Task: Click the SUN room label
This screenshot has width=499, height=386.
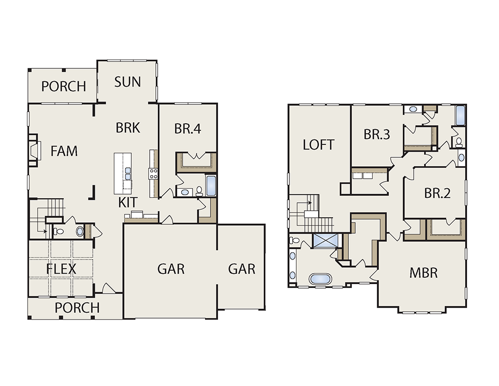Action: tap(127, 82)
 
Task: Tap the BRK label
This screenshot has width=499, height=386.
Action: tap(128, 128)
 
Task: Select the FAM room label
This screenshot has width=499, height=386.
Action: tap(64, 151)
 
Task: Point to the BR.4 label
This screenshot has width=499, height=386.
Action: tap(188, 129)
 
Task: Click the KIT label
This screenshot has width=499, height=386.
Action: tap(128, 203)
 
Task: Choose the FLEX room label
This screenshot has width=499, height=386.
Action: tap(61, 269)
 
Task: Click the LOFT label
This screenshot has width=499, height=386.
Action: tap(318, 145)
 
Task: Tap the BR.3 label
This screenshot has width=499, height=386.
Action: tap(377, 134)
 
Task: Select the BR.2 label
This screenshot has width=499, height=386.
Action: tap(438, 193)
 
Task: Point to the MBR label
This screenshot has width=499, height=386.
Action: tap(424, 273)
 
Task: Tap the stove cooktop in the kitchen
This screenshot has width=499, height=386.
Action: tap(153, 174)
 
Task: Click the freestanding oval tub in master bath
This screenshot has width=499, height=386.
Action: tap(320, 279)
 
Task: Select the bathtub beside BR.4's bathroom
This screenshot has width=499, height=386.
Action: tap(211, 185)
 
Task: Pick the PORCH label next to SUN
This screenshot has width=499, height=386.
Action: tap(64, 86)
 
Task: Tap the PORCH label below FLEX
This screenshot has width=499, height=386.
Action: tap(77, 308)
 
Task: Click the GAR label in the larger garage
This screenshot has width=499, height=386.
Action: tap(171, 269)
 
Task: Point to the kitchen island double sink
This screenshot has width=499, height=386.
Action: tap(128, 174)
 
